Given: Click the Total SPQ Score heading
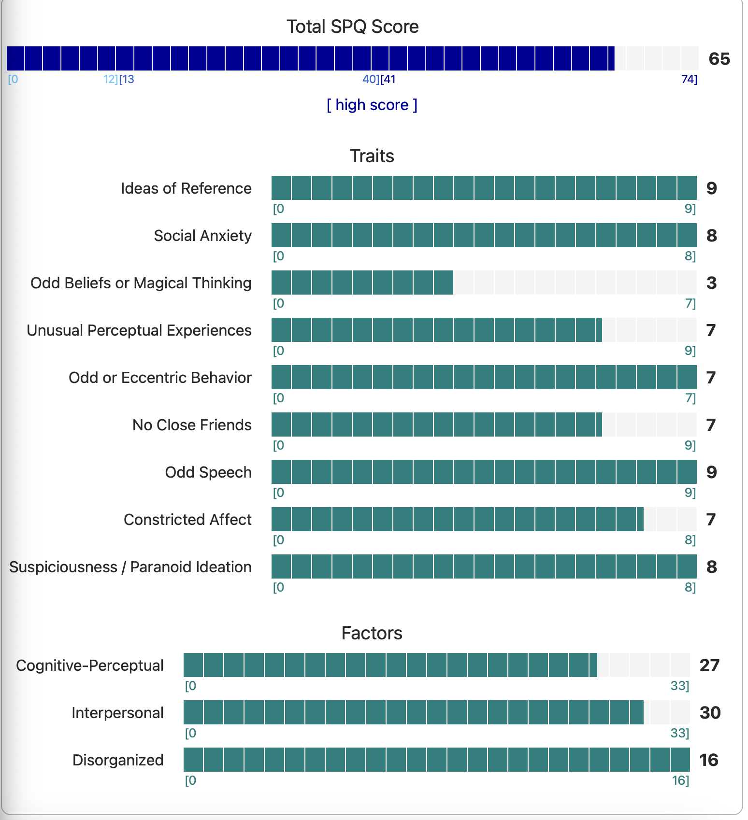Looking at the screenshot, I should tap(352, 27).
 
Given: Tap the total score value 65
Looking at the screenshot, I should tap(719, 59).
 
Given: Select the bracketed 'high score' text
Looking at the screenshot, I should tap(372, 105).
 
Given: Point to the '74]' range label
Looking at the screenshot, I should tap(689, 79).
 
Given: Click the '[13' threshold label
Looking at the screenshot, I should tap(127, 79).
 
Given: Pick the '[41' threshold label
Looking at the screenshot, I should tap(388, 79).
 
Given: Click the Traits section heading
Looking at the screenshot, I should tap(372, 156).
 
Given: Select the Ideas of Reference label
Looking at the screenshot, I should tap(186, 188).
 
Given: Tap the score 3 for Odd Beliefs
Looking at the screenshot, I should tap(711, 283).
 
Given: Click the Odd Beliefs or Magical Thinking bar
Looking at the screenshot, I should tap(483, 283).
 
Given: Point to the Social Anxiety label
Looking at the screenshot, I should tap(202, 236).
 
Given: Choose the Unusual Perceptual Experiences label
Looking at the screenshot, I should tap(139, 330).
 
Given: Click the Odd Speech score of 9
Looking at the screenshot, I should tap(711, 472).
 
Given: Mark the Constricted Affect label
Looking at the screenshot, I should tap(187, 520).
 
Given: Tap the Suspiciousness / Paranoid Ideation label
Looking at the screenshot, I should tap(130, 567).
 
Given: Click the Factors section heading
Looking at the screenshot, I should tap(372, 633).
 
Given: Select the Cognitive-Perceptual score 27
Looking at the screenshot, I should tap(709, 665).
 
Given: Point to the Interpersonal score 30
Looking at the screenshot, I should tap(710, 713).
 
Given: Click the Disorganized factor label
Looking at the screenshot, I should tap(118, 760).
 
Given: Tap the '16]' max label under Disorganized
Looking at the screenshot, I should tap(680, 780).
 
